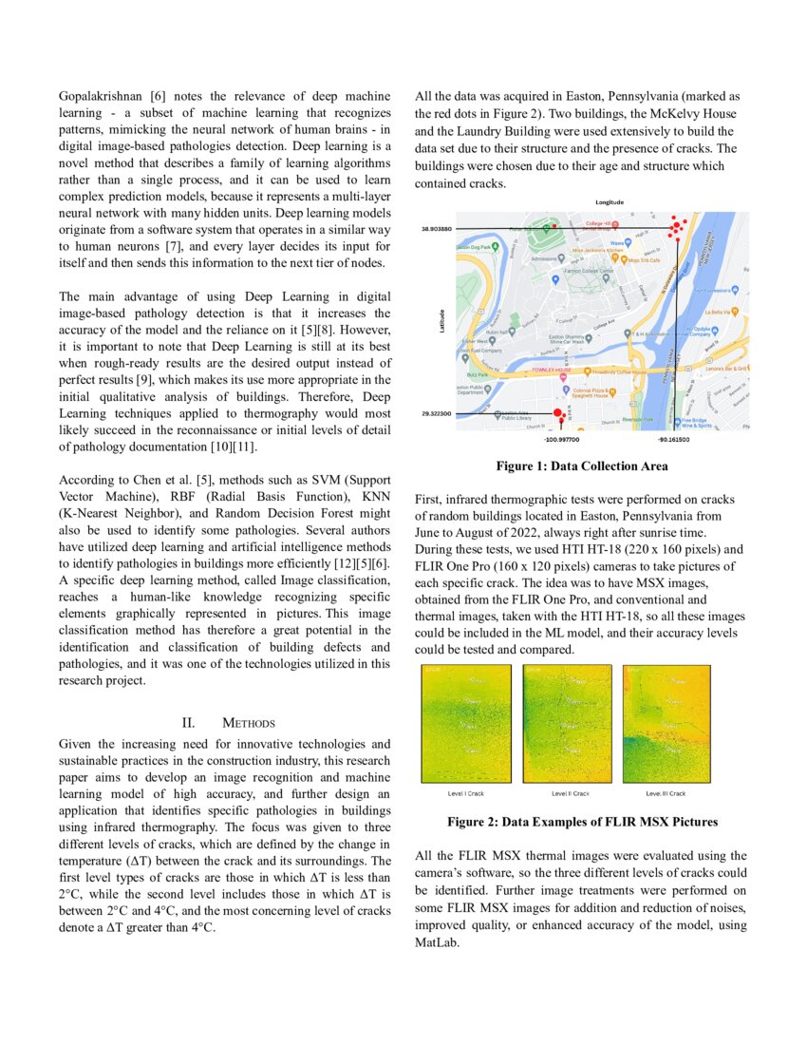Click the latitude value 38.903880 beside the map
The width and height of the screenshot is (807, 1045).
(x=436, y=229)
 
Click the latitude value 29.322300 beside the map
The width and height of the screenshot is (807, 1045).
(x=436, y=414)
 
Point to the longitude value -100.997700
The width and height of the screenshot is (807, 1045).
(x=561, y=440)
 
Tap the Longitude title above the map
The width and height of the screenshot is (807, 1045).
(x=609, y=202)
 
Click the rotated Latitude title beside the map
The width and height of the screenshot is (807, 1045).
(x=441, y=322)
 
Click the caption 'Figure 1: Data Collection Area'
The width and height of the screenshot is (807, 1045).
(x=581, y=466)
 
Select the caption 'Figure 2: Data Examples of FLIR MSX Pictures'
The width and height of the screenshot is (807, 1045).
(x=582, y=822)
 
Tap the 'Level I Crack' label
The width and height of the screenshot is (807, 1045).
(x=465, y=793)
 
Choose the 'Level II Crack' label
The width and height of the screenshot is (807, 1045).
(x=571, y=793)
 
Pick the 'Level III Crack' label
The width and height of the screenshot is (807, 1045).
(x=666, y=793)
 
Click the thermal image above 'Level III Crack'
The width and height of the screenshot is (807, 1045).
(x=666, y=724)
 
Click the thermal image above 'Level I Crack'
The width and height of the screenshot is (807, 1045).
(x=466, y=724)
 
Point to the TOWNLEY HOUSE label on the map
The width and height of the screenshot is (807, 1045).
(x=551, y=368)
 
